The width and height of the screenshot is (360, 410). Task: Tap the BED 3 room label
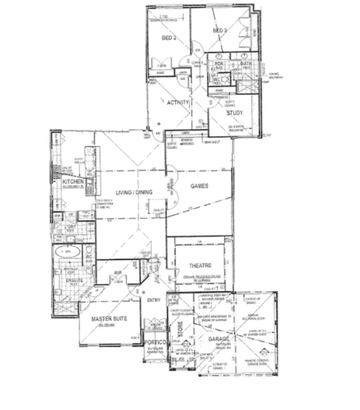point(219,30)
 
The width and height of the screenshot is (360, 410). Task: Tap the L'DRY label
point(70,227)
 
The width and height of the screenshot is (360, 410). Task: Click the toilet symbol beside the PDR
point(220,77)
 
